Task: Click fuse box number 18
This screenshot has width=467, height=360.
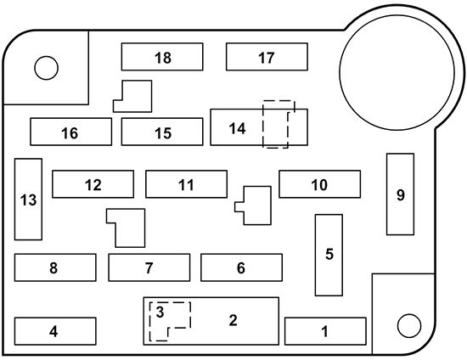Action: pyautogui.click(x=162, y=57)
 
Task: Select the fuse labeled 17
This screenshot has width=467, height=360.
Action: pyautogui.click(x=266, y=57)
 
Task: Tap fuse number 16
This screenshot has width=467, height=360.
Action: pyautogui.click(x=70, y=132)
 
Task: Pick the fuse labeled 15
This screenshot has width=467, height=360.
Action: pyautogui.click(x=162, y=132)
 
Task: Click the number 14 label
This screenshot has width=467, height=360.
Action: pyautogui.click(x=237, y=128)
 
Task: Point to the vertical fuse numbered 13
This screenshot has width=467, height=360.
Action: pyautogui.click(x=28, y=200)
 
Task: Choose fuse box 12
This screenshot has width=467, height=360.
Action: pyautogui.click(x=93, y=184)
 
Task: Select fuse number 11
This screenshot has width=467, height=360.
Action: pyautogui.click(x=186, y=184)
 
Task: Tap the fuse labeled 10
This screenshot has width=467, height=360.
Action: pyautogui.click(x=319, y=184)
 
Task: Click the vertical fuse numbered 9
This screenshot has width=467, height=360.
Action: pyautogui.click(x=400, y=194)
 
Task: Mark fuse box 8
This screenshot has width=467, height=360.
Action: pyautogui.click(x=54, y=267)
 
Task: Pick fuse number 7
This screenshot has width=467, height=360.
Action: pyautogui.click(x=149, y=267)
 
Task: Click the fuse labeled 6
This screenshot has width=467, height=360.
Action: pyautogui.click(x=241, y=267)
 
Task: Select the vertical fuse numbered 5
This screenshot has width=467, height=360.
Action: pyautogui.click(x=329, y=255)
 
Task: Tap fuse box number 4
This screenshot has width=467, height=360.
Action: pyautogui.click(x=54, y=330)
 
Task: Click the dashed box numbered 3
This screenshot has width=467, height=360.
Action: pyautogui.click(x=161, y=312)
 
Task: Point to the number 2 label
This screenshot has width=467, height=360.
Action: pyautogui.click(x=233, y=320)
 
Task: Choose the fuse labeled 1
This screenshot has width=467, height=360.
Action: pyautogui.click(x=324, y=330)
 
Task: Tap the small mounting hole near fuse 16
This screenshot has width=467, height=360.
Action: pyautogui.click(x=44, y=65)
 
